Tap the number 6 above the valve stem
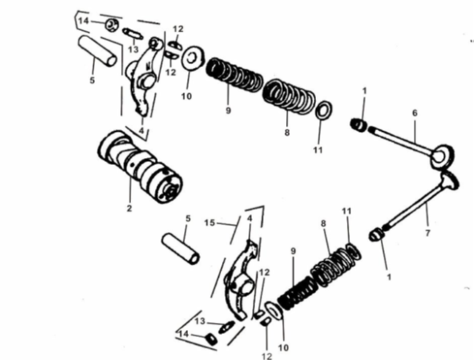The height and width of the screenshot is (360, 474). click(414, 114)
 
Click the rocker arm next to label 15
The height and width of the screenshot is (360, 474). click(241, 272)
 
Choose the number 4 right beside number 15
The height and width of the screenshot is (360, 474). click(249, 218)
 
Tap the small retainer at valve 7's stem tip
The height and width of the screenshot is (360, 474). click(377, 233)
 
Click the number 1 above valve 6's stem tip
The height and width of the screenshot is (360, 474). click(363, 92)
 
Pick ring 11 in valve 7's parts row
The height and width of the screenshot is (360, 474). click(352, 252)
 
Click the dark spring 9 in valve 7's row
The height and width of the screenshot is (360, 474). click(299, 293)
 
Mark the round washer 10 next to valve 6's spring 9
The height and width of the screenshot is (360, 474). click(190, 58)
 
